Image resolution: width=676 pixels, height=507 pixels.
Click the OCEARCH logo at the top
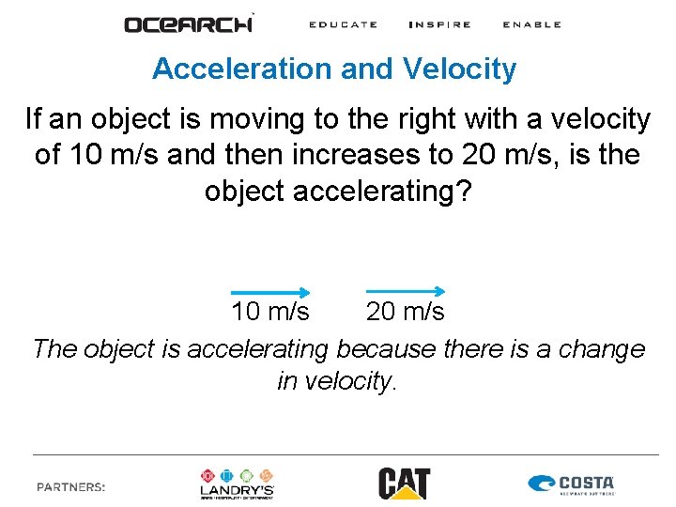point(189,23)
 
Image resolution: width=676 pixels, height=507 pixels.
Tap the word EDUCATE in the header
point(343,24)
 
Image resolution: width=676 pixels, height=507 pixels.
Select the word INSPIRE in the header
point(439,24)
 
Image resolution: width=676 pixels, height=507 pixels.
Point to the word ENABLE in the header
point(531,24)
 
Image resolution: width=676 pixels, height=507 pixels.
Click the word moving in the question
point(252,119)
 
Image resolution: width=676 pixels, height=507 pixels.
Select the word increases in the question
point(330,154)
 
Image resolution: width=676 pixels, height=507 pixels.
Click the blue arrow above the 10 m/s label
point(270,292)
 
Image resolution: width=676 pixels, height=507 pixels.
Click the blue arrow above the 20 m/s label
point(405,292)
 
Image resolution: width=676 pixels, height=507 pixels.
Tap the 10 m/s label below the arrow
point(270,311)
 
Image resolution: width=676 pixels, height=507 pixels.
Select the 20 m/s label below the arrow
point(406,311)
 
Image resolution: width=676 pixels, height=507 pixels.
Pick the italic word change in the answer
point(599,349)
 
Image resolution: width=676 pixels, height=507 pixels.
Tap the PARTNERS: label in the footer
point(70,487)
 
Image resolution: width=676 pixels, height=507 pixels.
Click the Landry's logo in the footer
point(238,483)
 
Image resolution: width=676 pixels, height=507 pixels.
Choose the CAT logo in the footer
point(404,483)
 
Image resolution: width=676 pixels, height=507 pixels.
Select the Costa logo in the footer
point(572,484)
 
